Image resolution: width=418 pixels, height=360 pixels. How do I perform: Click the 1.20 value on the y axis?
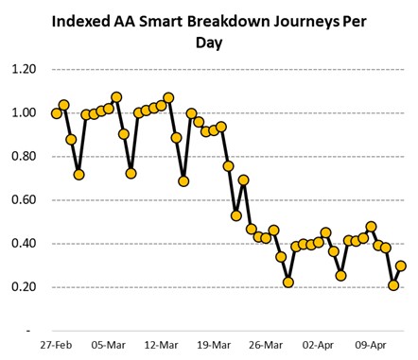pyautogui.click(x=24, y=70)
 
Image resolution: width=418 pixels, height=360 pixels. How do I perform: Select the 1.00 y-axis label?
pyautogui.click(x=24, y=113)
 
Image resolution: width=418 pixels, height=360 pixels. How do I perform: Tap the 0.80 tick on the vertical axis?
pyautogui.click(x=24, y=157)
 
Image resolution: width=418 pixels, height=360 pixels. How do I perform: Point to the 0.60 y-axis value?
pyautogui.click(x=24, y=200)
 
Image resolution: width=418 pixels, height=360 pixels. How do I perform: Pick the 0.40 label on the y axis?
pyautogui.click(x=24, y=244)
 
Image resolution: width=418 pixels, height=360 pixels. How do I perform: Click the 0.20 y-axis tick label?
pyautogui.click(x=24, y=287)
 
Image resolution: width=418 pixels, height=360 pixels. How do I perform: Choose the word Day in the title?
pyautogui.click(x=208, y=43)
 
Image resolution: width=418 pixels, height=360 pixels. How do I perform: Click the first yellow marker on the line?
pyautogui.click(x=57, y=113)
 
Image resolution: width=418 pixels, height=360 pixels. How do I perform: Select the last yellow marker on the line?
pyautogui.click(x=401, y=266)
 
